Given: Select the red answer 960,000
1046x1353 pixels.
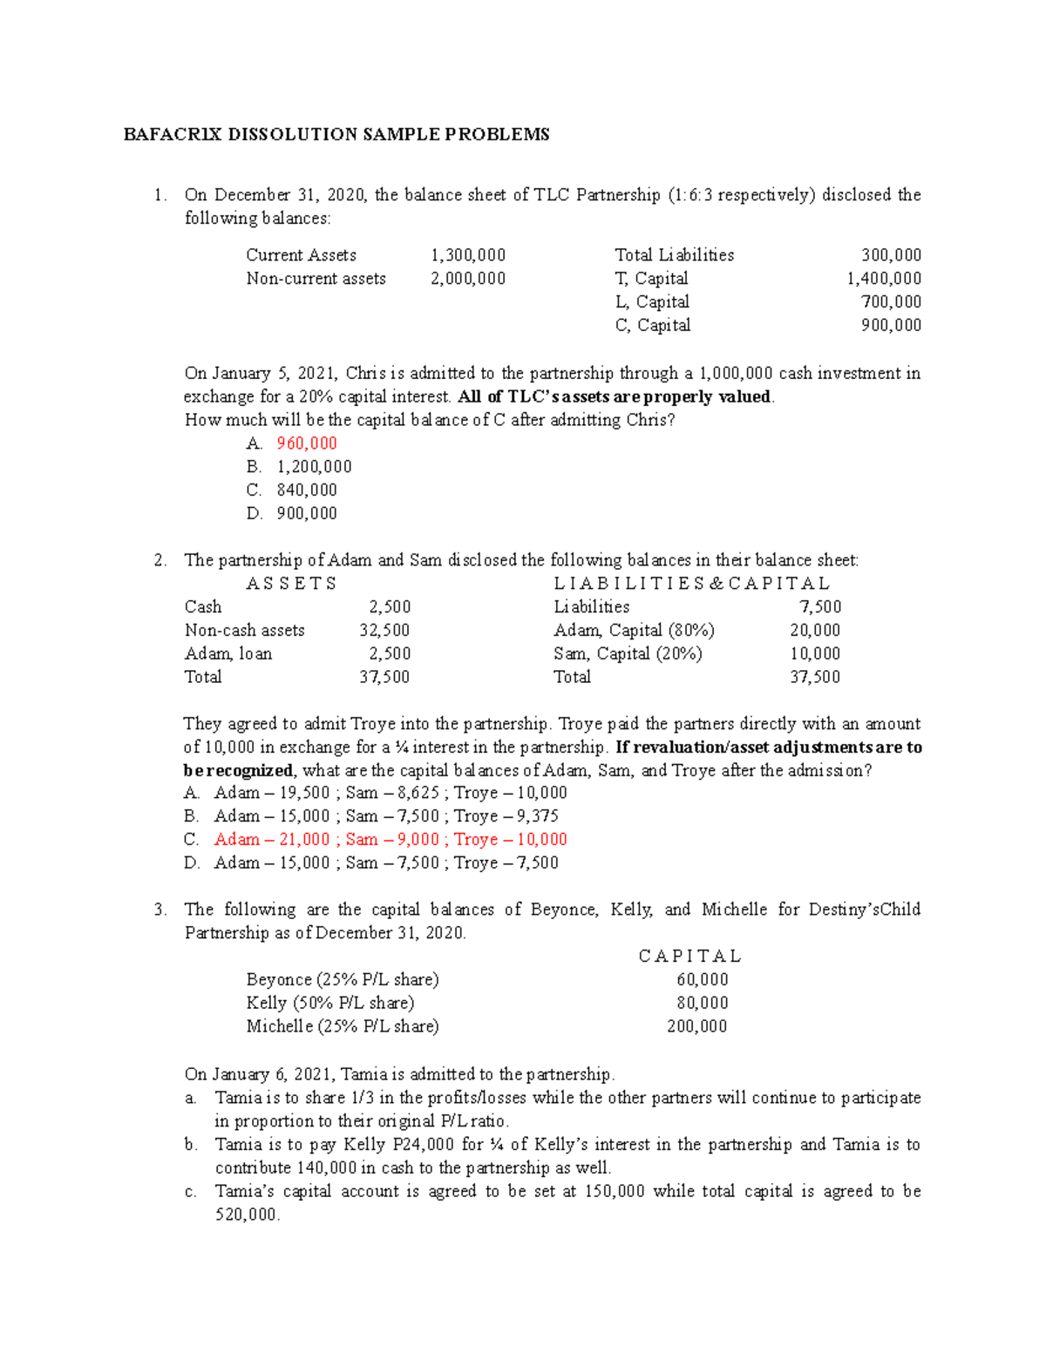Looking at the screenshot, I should [x=307, y=443].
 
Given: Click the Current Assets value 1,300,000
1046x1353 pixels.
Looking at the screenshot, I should [x=468, y=255].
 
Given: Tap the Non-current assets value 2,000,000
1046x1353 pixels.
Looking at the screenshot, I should [x=468, y=279].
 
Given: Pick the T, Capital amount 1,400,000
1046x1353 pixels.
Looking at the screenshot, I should [x=884, y=279].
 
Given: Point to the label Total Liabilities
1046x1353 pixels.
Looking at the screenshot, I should [x=674, y=255].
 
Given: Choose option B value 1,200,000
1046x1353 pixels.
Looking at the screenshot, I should [x=314, y=467].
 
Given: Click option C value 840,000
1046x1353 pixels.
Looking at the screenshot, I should [x=307, y=490].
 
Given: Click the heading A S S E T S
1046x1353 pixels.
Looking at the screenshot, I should [x=291, y=584].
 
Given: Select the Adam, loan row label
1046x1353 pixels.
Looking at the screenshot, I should [x=228, y=654].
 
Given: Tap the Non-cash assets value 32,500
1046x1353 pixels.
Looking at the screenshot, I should [x=384, y=631].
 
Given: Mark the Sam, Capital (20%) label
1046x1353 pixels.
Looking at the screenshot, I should [x=628, y=654].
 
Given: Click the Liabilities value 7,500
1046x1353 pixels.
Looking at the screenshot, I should [x=820, y=607].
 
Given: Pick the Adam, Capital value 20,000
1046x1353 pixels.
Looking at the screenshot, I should [x=815, y=631].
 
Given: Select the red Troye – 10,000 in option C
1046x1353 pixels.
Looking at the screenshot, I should [x=510, y=840].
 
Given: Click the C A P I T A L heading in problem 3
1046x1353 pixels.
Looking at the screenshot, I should [x=689, y=957].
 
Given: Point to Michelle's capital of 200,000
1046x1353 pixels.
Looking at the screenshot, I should [x=696, y=1027].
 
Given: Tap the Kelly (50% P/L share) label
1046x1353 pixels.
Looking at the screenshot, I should [x=330, y=1004].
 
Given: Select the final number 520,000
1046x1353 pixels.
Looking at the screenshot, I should [x=247, y=1215].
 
